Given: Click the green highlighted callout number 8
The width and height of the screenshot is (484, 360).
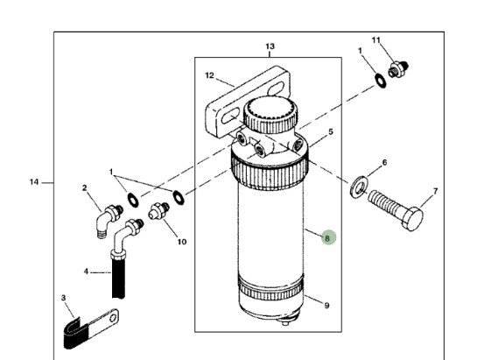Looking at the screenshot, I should (x=326, y=236).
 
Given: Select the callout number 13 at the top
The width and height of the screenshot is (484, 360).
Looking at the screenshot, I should (x=270, y=46).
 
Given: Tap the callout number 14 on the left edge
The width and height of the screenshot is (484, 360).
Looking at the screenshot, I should (x=34, y=182).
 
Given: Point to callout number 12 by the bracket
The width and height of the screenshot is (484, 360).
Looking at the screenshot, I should (x=209, y=75).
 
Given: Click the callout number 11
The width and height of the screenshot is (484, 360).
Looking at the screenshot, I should (x=377, y=40).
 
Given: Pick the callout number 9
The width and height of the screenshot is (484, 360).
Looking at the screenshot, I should (x=327, y=306).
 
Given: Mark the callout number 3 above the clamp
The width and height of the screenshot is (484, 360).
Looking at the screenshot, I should (x=64, y=298).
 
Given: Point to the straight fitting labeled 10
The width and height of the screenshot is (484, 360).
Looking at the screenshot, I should (x=159, y=209).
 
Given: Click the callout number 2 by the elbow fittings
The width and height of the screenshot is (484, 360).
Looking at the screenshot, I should (x=85, y=187).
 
